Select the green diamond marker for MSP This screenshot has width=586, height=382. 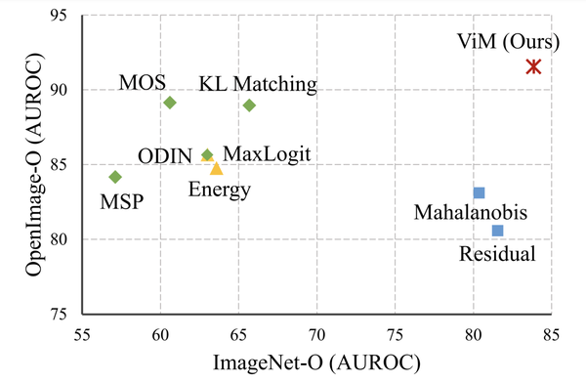(x=115, y=177)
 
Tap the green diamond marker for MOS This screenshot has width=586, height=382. (x=170, y=103)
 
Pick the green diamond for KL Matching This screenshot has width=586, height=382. (x=249, y=106)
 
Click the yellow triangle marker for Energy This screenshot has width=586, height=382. (x=217, y=168)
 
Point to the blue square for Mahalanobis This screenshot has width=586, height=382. (x=479, y=193)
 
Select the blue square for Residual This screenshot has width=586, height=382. (x=497, y=231)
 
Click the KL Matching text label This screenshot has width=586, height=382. (x=258, y=84)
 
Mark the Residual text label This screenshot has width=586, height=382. (x=497, y=253)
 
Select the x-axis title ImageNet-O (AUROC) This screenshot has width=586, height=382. (x=316, y=362)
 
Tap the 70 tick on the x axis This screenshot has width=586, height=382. (x=316, y=332)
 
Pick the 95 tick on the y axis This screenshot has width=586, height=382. (x=62, y=16)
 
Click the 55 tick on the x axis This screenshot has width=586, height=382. (x=83, y=332)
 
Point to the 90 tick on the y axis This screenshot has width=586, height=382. (x=62, y=90)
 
